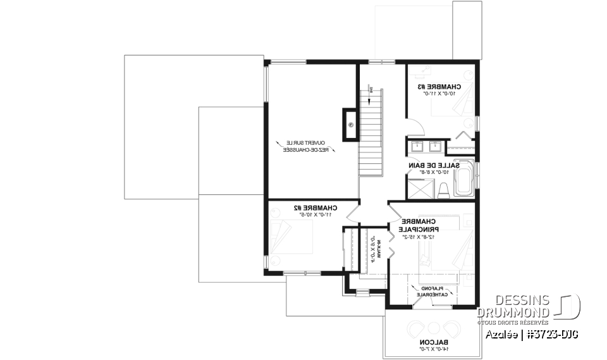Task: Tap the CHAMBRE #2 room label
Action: [314, 208]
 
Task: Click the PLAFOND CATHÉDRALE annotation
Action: [432, 291]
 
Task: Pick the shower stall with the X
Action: [418, 188]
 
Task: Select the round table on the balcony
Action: [434, 327]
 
